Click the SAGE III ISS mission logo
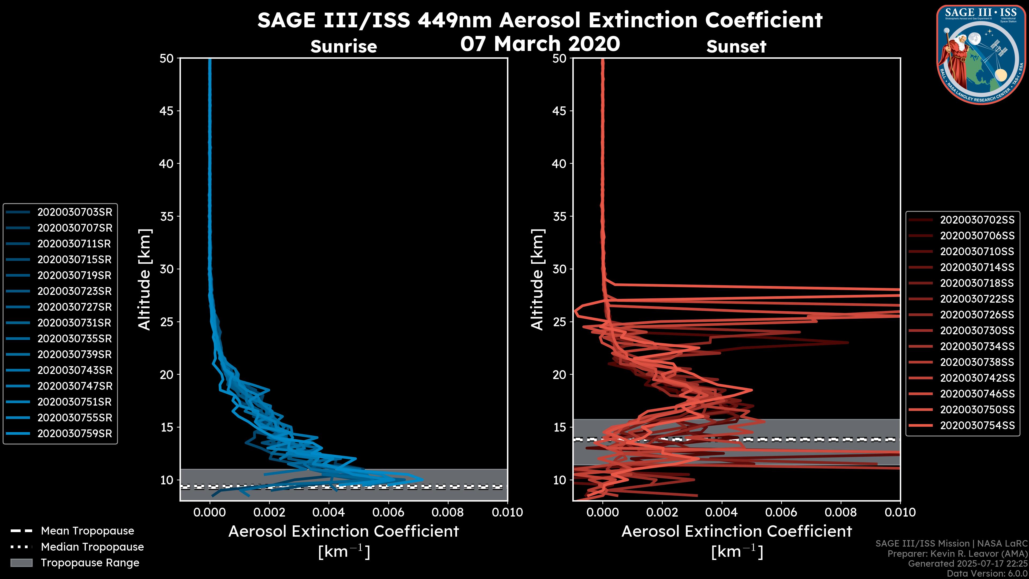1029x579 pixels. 981,55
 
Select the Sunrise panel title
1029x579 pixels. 344,46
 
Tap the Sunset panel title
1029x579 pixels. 736,46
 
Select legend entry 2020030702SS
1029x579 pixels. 977,220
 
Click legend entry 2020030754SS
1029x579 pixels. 977,426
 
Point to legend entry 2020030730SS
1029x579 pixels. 977,331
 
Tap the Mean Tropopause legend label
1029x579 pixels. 87,531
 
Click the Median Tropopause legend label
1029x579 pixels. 92,547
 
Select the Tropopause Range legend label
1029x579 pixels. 90,563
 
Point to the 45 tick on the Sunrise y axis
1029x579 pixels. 167,111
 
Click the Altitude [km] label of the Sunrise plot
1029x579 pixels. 145,280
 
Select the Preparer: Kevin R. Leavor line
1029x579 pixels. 957,554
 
